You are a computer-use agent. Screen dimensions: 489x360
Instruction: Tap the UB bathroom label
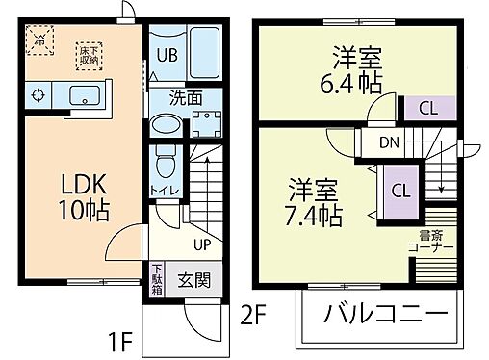click(x=165, y=55)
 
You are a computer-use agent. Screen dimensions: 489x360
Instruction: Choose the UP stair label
click(x=201, y=244)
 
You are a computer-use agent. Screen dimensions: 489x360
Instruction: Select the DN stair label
click(x=389, y=143)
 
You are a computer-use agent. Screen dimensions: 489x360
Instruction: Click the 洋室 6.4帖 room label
click(x=354, y=68)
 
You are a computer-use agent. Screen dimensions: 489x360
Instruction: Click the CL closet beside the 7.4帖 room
click(x=399, y=190)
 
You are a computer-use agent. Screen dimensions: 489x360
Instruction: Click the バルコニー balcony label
click(x=385, y=315)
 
